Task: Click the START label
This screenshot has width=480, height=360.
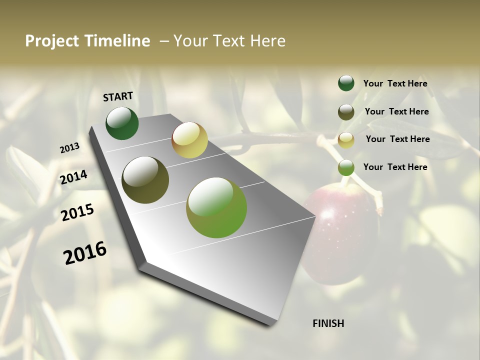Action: [x=118, y=96]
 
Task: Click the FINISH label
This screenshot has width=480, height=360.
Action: [x=328, y=323]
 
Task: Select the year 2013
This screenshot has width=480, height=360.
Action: [x=69, y=148]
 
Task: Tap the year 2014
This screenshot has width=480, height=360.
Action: [x=73, y=177]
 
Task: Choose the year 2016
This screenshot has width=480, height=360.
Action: [x=85, y=253]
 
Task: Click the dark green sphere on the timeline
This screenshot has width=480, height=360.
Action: [x=122, y=123]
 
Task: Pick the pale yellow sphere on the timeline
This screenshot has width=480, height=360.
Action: [x=189, y=140]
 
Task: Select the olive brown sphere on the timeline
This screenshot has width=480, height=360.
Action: [x=145, y=180]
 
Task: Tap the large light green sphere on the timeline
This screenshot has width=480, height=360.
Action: [x=216, y=207]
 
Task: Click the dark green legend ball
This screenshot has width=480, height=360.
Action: [x=346, y=83]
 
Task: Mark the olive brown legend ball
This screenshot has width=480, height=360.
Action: [x=346, y=112]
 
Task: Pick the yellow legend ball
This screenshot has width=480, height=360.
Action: [x=346, y=140]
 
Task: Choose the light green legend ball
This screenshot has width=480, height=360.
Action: [x=346, y=167]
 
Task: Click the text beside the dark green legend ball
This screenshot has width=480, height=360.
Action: [x=395, y=84]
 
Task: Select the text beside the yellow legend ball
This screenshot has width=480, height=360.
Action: [x=397, y=139]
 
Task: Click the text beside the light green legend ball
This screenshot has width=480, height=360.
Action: [x=395, y=167]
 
